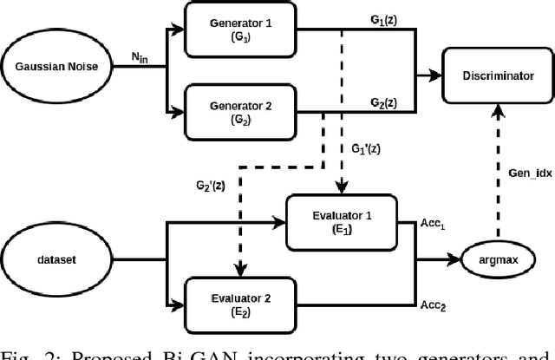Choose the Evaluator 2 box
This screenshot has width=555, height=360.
point(240,302)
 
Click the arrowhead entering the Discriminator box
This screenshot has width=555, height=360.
point(439,75)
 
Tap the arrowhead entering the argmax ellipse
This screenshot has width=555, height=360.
point(457,258)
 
